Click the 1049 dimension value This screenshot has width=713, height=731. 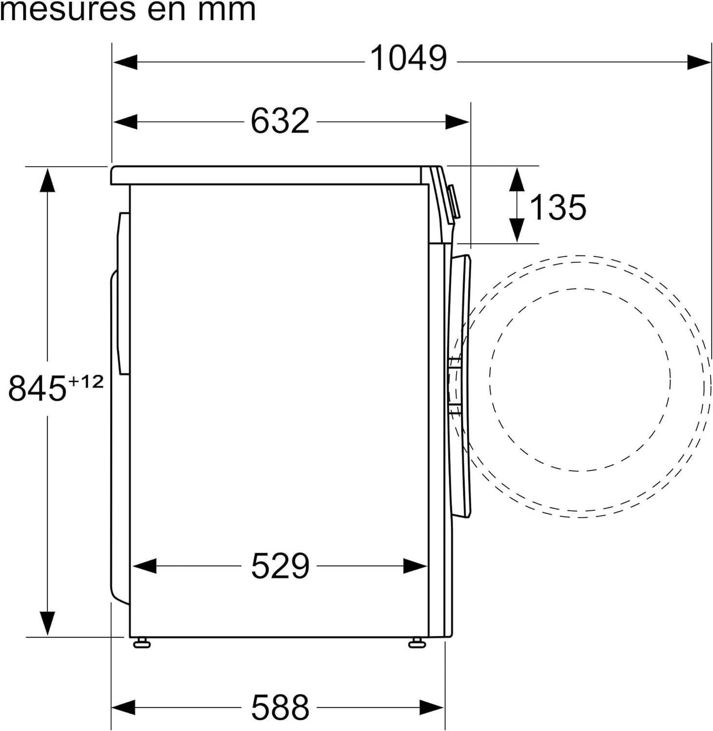point(408,58)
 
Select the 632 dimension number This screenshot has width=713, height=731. point(280,121)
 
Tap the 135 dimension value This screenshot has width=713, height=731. point(558,207)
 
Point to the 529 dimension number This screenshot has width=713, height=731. point(280,566)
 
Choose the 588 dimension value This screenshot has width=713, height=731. point(280,707)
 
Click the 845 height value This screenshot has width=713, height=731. point(37,388)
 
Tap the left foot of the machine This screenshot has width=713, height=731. point(141,642)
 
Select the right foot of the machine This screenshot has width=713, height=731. point(417,642)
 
